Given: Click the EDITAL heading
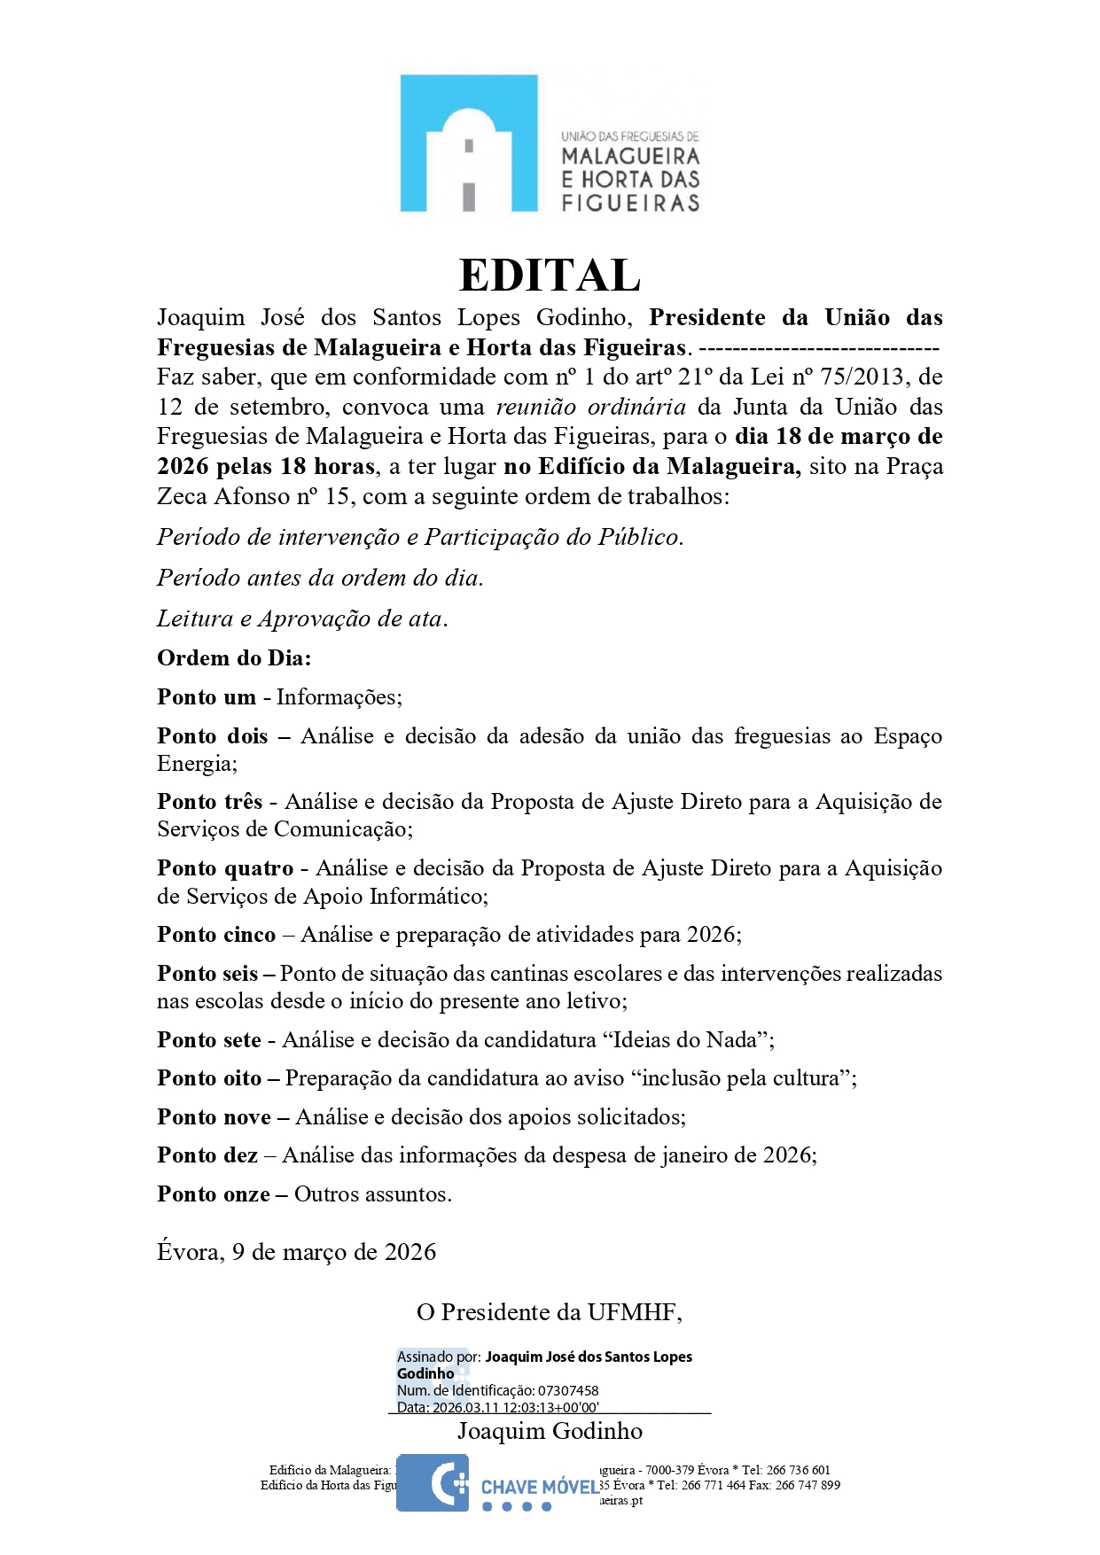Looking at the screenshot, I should pyautogui.click(x=550, y=275).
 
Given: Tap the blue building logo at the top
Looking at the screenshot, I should pyautogui.click(x=468, y=144).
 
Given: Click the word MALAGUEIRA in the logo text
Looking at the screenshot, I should pyautogui.click(x=630, y=157).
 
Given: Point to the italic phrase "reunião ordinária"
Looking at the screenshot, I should pyautogui.click(x=590, y=408).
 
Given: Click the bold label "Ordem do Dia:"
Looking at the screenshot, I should pyautogui.click(x=234, y=658).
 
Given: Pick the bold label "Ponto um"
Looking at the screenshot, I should pyautogui.click(x=207, y=697).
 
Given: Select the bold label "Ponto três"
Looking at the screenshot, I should pyautogui.click(x=210, y=802).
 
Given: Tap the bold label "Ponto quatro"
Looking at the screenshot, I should pyautogui.click(x=225, y=868).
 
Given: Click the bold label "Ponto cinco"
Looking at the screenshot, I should pyautogui.click(x=216, y=935).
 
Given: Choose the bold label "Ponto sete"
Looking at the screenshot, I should pyautogui.click(x=209, y=1040).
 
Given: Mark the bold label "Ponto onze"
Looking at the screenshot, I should pyautogui.click(x=214, y=1194).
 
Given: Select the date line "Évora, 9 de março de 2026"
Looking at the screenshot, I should pyautogui.click(x=296, y=1252).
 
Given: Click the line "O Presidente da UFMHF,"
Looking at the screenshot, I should pyautogui.click(x=549, y=1312).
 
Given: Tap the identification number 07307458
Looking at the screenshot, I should pyautogui.click(x=568, y=1391).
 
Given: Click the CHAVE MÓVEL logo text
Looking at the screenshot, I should pyautogui.click(x=540, y=1487).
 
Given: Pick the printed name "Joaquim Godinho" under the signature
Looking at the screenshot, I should pyautogui.click(x=550, y=1431).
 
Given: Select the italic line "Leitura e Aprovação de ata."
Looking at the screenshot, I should pyautogui.click(x=302, y=618).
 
